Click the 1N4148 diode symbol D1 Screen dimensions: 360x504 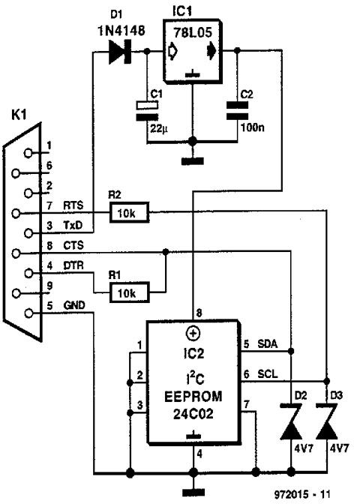tap(120, 52)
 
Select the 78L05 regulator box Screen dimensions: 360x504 tap(193, 51)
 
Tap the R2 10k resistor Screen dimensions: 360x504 tap(129, 212)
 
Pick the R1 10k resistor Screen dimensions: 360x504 tap(129, 292)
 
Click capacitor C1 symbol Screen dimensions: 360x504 tap(148, 111)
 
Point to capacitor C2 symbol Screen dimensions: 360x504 tap(238, 111)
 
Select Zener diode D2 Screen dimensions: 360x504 tap(291, 421)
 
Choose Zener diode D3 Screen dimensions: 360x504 tap(326, 421)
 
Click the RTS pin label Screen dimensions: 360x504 tap(73, 205)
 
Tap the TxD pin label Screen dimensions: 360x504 tap(73, 226)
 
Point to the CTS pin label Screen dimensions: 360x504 tap(73, 245)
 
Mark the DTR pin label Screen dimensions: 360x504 tap(73, 265)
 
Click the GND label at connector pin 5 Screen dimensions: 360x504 tap(74, 305)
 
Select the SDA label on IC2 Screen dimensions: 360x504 tap(268, 344)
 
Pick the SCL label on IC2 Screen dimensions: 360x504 tap(268, 373)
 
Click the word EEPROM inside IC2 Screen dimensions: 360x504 tap(193, 397)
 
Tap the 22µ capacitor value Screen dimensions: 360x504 tap(159, 128)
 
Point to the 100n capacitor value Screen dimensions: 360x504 tap(253, 127)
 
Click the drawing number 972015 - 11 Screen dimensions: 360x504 tap(302, 493)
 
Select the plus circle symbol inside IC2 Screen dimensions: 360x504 tap(193, 333)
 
